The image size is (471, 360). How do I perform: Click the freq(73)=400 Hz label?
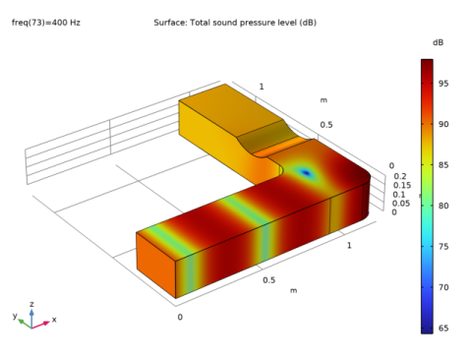pos(46,23)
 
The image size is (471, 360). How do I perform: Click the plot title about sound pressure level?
pos(235,23)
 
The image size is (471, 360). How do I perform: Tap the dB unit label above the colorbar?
pos(438,42)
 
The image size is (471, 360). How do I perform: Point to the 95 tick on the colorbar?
pos(443,84)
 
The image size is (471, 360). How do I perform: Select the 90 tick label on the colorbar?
pos(443,124)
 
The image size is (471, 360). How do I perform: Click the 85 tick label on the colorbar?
pos(443,165)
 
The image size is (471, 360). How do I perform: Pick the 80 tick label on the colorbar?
pos(443,206)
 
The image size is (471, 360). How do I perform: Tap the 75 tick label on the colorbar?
pos(443,246)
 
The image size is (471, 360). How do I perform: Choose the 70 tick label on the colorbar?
pos(443,287)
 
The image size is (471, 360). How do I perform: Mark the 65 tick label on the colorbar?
pos(443,328)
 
